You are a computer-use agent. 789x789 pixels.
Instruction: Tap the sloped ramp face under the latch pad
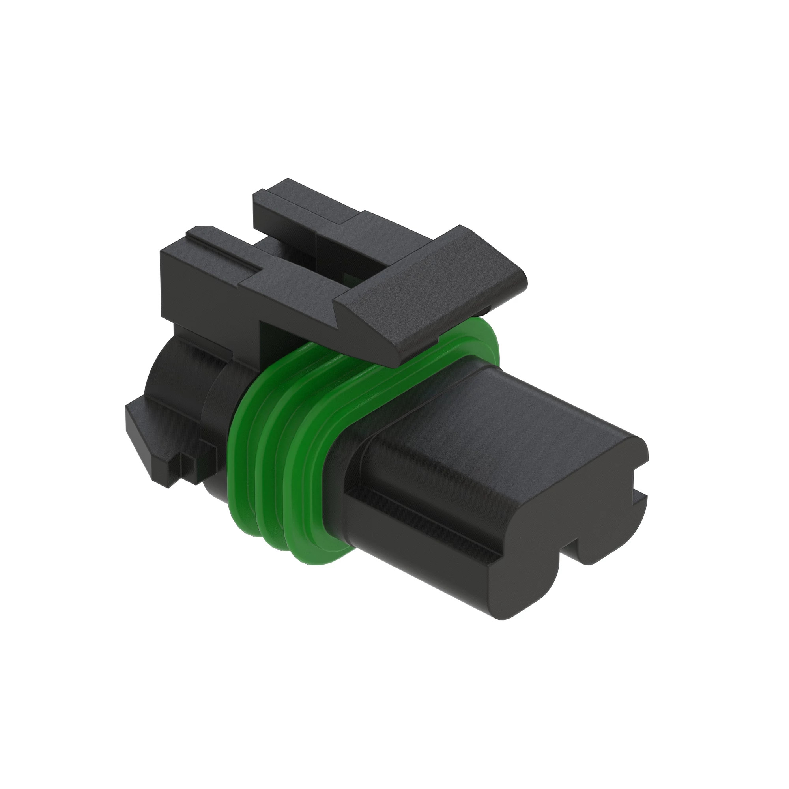pos(392,327)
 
